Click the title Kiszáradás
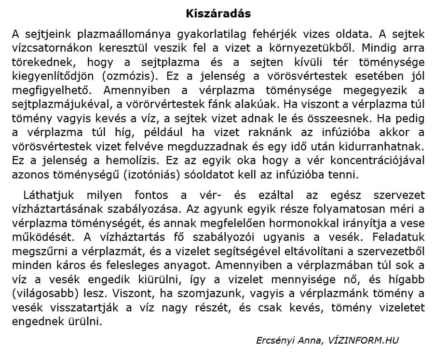(x=218, y=14)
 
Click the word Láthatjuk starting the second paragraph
(x=47, y=195)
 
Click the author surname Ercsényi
(x=275, y=341)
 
